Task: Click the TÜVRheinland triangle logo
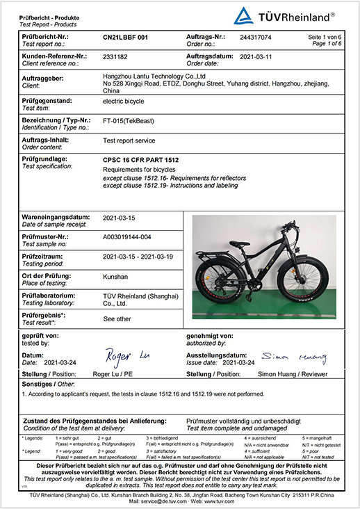pos(245,15)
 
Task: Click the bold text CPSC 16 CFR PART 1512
pos(138,161)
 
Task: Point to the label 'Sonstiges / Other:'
pos(47,383)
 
